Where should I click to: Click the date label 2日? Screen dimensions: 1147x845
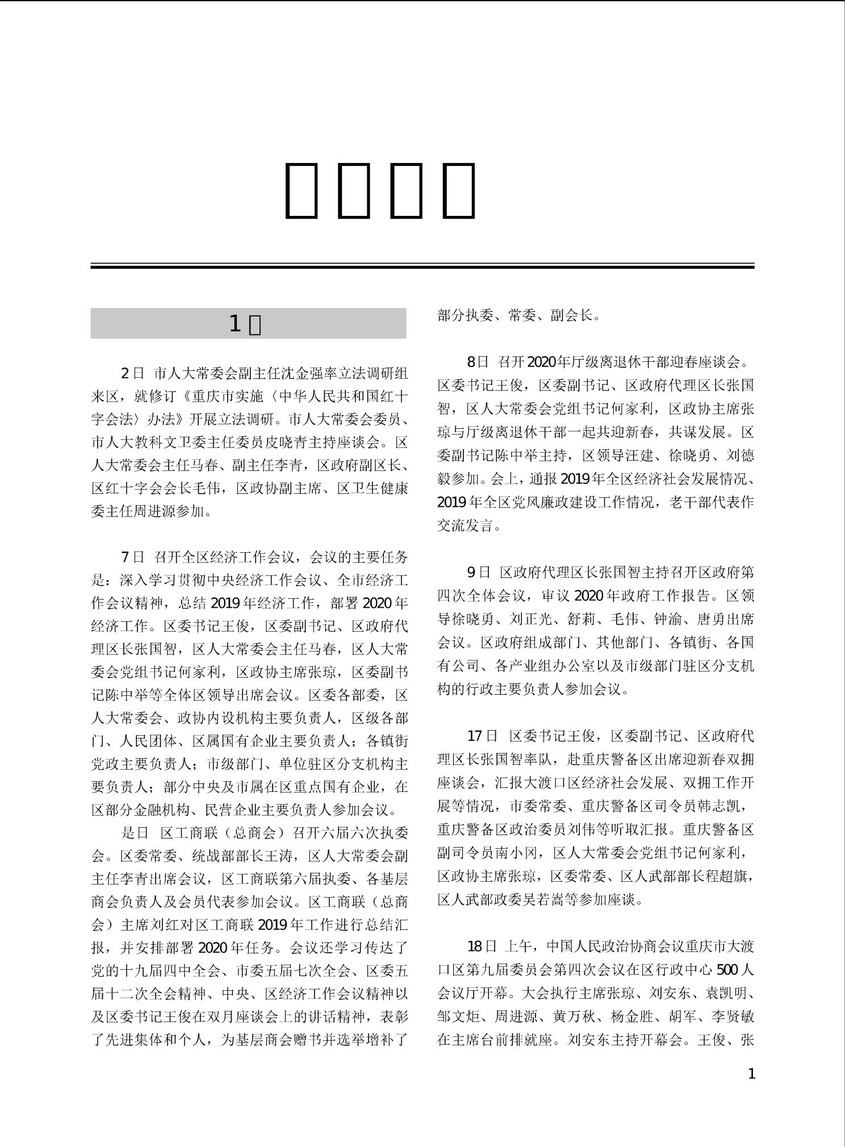133,374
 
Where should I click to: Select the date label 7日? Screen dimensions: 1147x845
133,557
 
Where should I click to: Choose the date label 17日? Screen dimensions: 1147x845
482,736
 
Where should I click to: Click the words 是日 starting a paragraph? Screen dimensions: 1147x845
135,833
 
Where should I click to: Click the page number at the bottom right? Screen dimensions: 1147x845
752,1074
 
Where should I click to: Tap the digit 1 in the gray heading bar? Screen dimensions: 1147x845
235,324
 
